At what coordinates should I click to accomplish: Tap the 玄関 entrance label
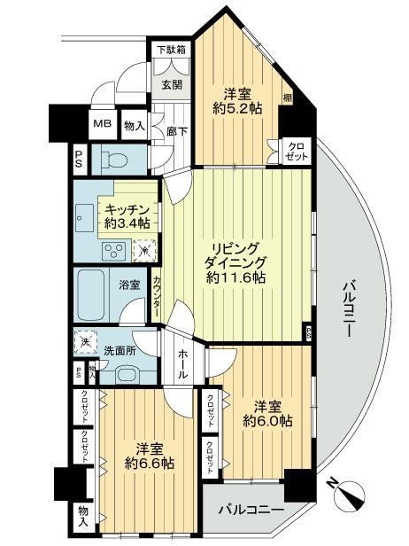[x=171, y=85]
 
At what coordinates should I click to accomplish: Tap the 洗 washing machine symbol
[x=86, y=343]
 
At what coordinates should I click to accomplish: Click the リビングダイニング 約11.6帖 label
[x=234, y=262]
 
